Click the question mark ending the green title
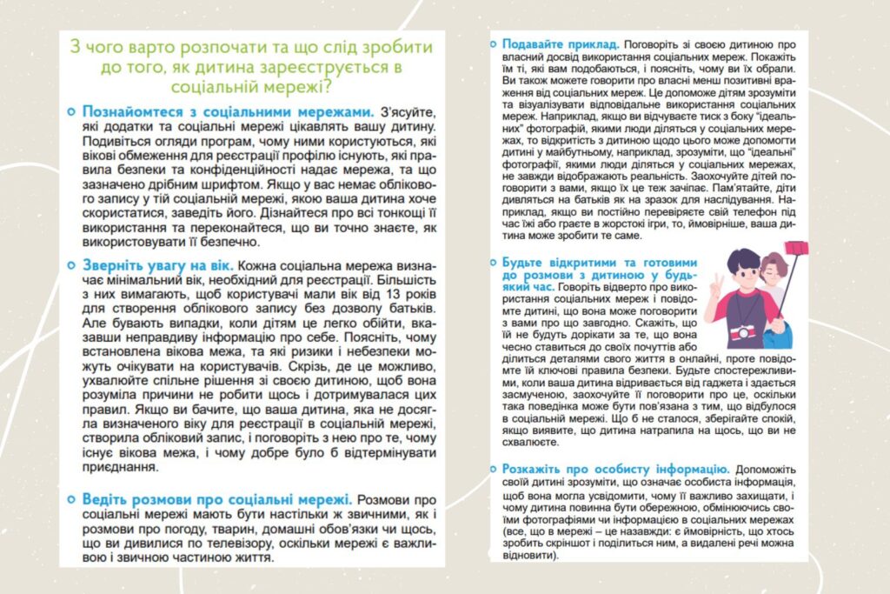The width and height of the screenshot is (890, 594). click(342, 88)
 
